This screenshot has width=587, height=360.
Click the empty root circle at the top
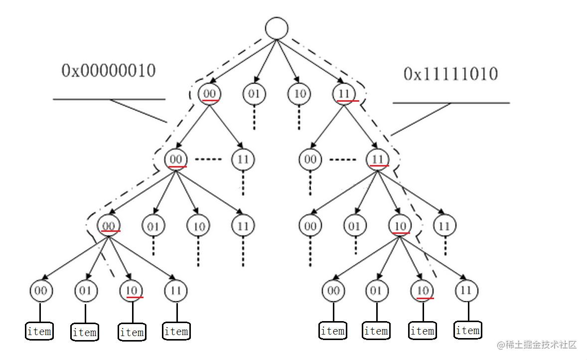coord(277,28)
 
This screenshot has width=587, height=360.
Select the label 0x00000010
coord(109,71)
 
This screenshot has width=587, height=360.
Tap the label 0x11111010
coord(450,74)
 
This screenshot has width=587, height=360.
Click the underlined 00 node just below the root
coord(209,94)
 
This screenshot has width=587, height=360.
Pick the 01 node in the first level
coord(254,94)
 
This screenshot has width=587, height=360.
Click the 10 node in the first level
coord(299,94)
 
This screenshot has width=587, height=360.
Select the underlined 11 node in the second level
coord(377,160)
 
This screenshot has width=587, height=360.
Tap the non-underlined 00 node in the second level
coord(310,160)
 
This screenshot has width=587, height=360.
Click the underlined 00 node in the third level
coord(109,226)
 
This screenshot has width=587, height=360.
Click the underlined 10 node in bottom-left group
coord(132,290)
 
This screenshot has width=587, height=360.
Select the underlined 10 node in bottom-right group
coord(422,290)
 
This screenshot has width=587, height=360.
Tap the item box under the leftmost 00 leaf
coord(39,331)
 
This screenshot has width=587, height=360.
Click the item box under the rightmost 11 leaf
coord(467,330)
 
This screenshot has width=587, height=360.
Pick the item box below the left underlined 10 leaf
coord(132,332)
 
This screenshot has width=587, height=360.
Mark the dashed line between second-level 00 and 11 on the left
coord(208,160)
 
